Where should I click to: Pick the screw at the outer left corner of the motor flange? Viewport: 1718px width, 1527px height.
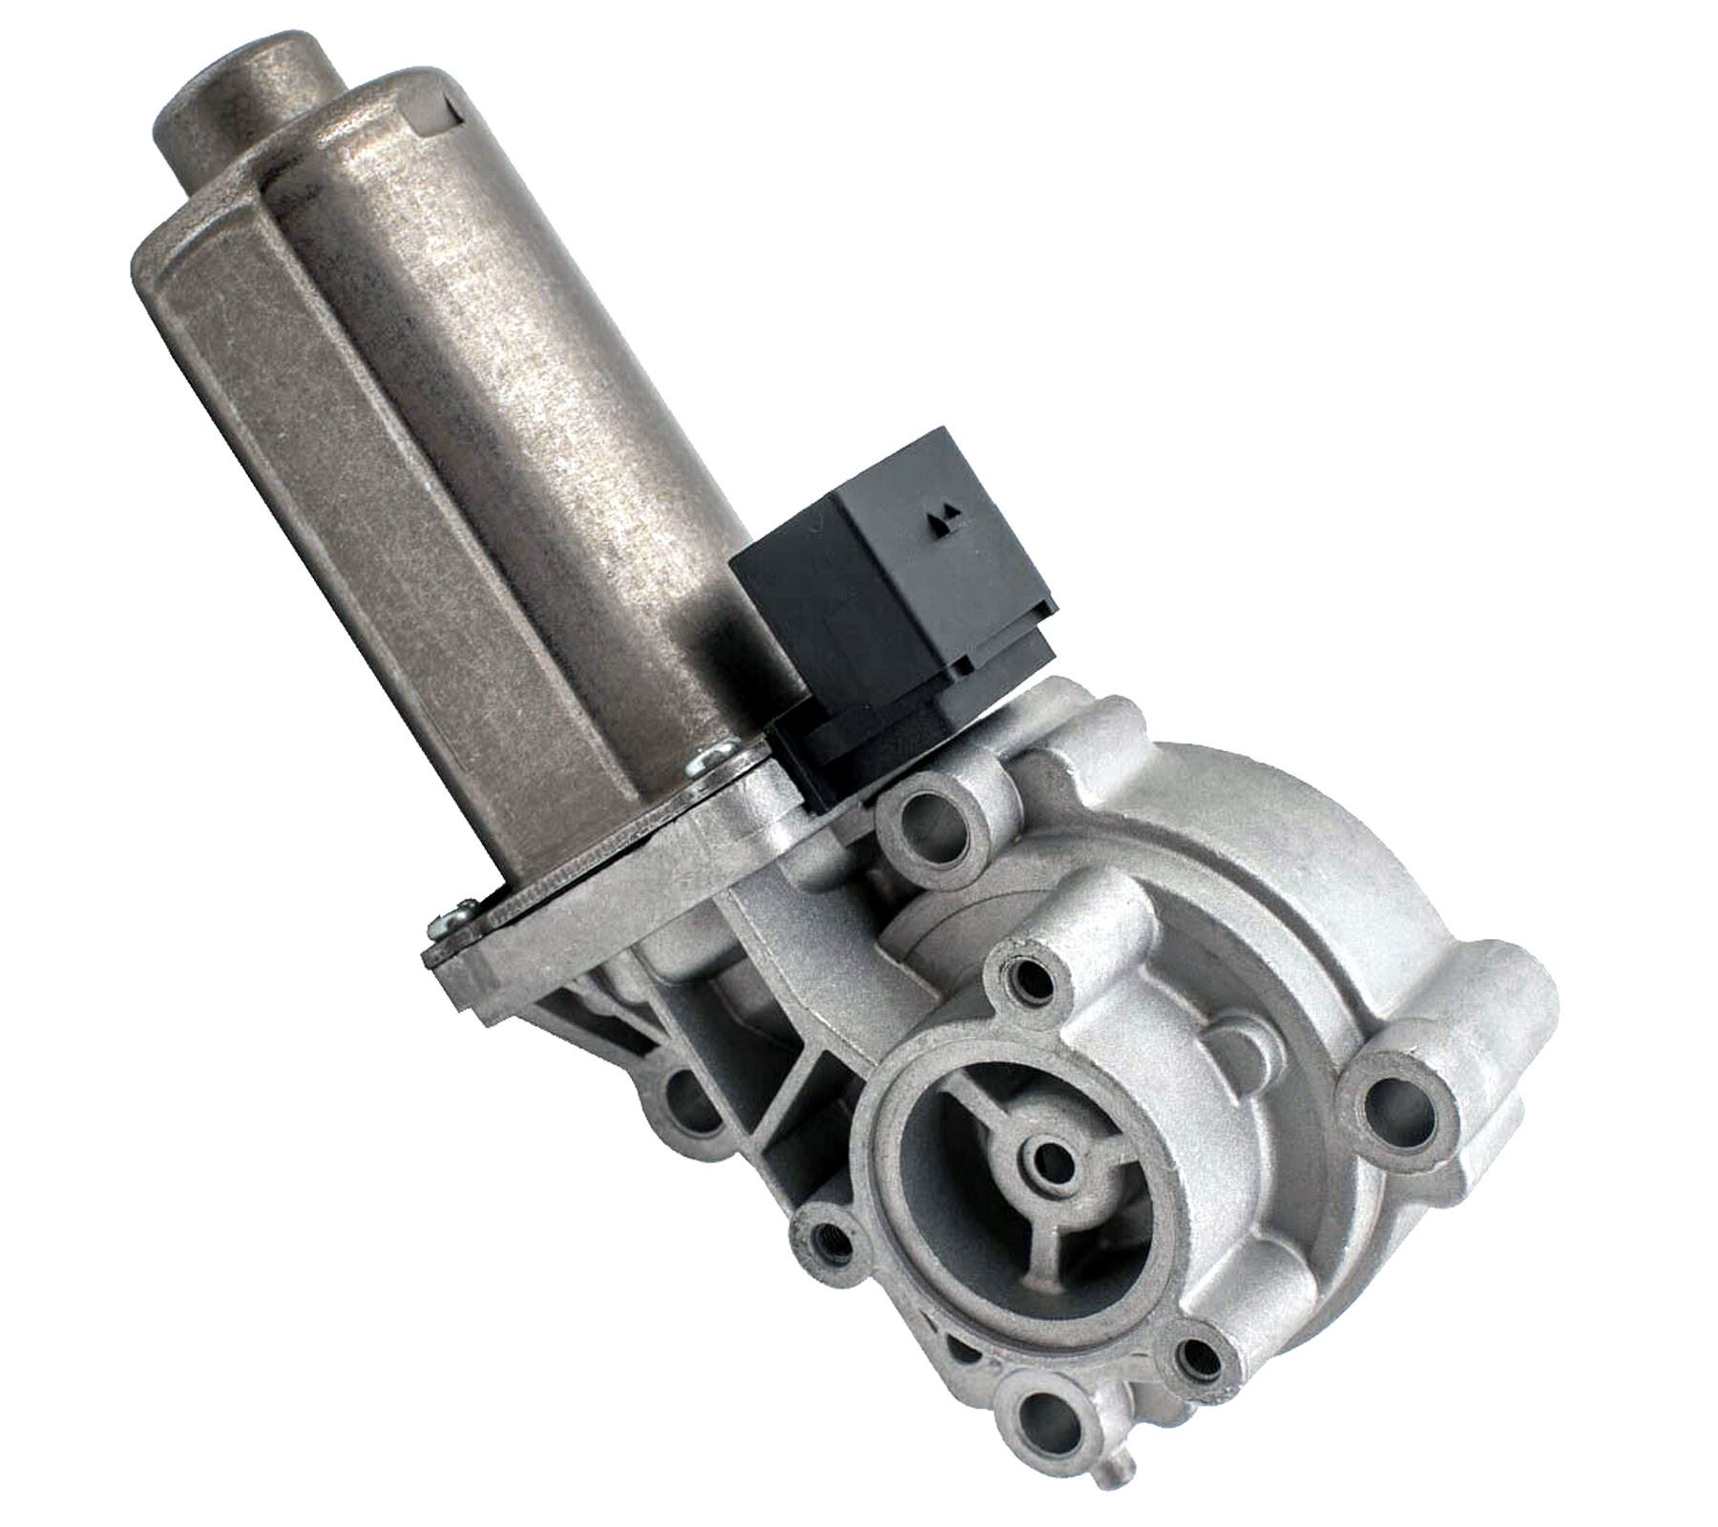(x=447, y=920)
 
